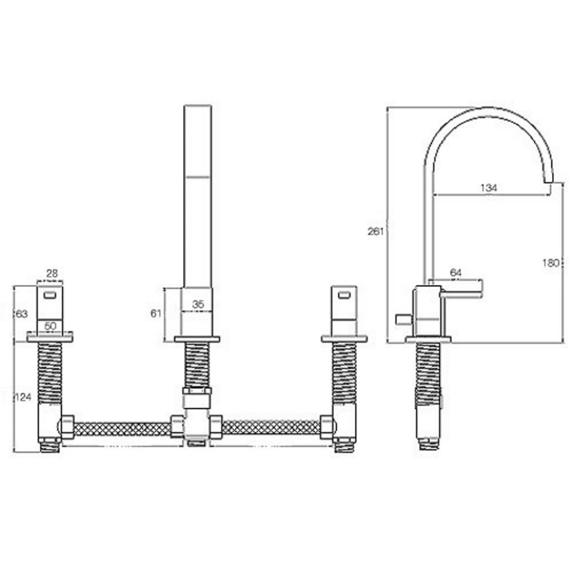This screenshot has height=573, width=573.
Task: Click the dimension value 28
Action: (51, 273)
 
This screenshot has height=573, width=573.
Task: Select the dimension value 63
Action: (21, 314)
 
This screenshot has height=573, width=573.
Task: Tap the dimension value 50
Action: (50, 326)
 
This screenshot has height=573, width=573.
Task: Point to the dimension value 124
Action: (22, 397)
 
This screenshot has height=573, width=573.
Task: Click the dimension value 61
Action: (156, 313)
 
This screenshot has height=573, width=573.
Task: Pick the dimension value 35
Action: (198, 304)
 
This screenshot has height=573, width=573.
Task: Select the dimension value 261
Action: (375, 231)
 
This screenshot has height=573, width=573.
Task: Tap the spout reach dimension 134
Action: (489, 188)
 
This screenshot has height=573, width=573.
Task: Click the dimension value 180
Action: (551, 262)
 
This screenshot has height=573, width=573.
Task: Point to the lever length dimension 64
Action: (456, 273)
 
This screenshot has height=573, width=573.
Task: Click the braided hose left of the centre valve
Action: (122, 429)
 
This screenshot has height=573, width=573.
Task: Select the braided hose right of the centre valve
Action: (271, 428)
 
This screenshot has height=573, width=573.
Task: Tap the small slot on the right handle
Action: (344, 294)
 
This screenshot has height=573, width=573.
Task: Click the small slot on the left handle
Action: (50, 295)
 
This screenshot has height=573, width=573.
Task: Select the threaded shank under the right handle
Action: (344, 372)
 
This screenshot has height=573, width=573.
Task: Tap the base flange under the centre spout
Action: (197, 339)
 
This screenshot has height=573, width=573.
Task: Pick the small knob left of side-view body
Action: (402, 320)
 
